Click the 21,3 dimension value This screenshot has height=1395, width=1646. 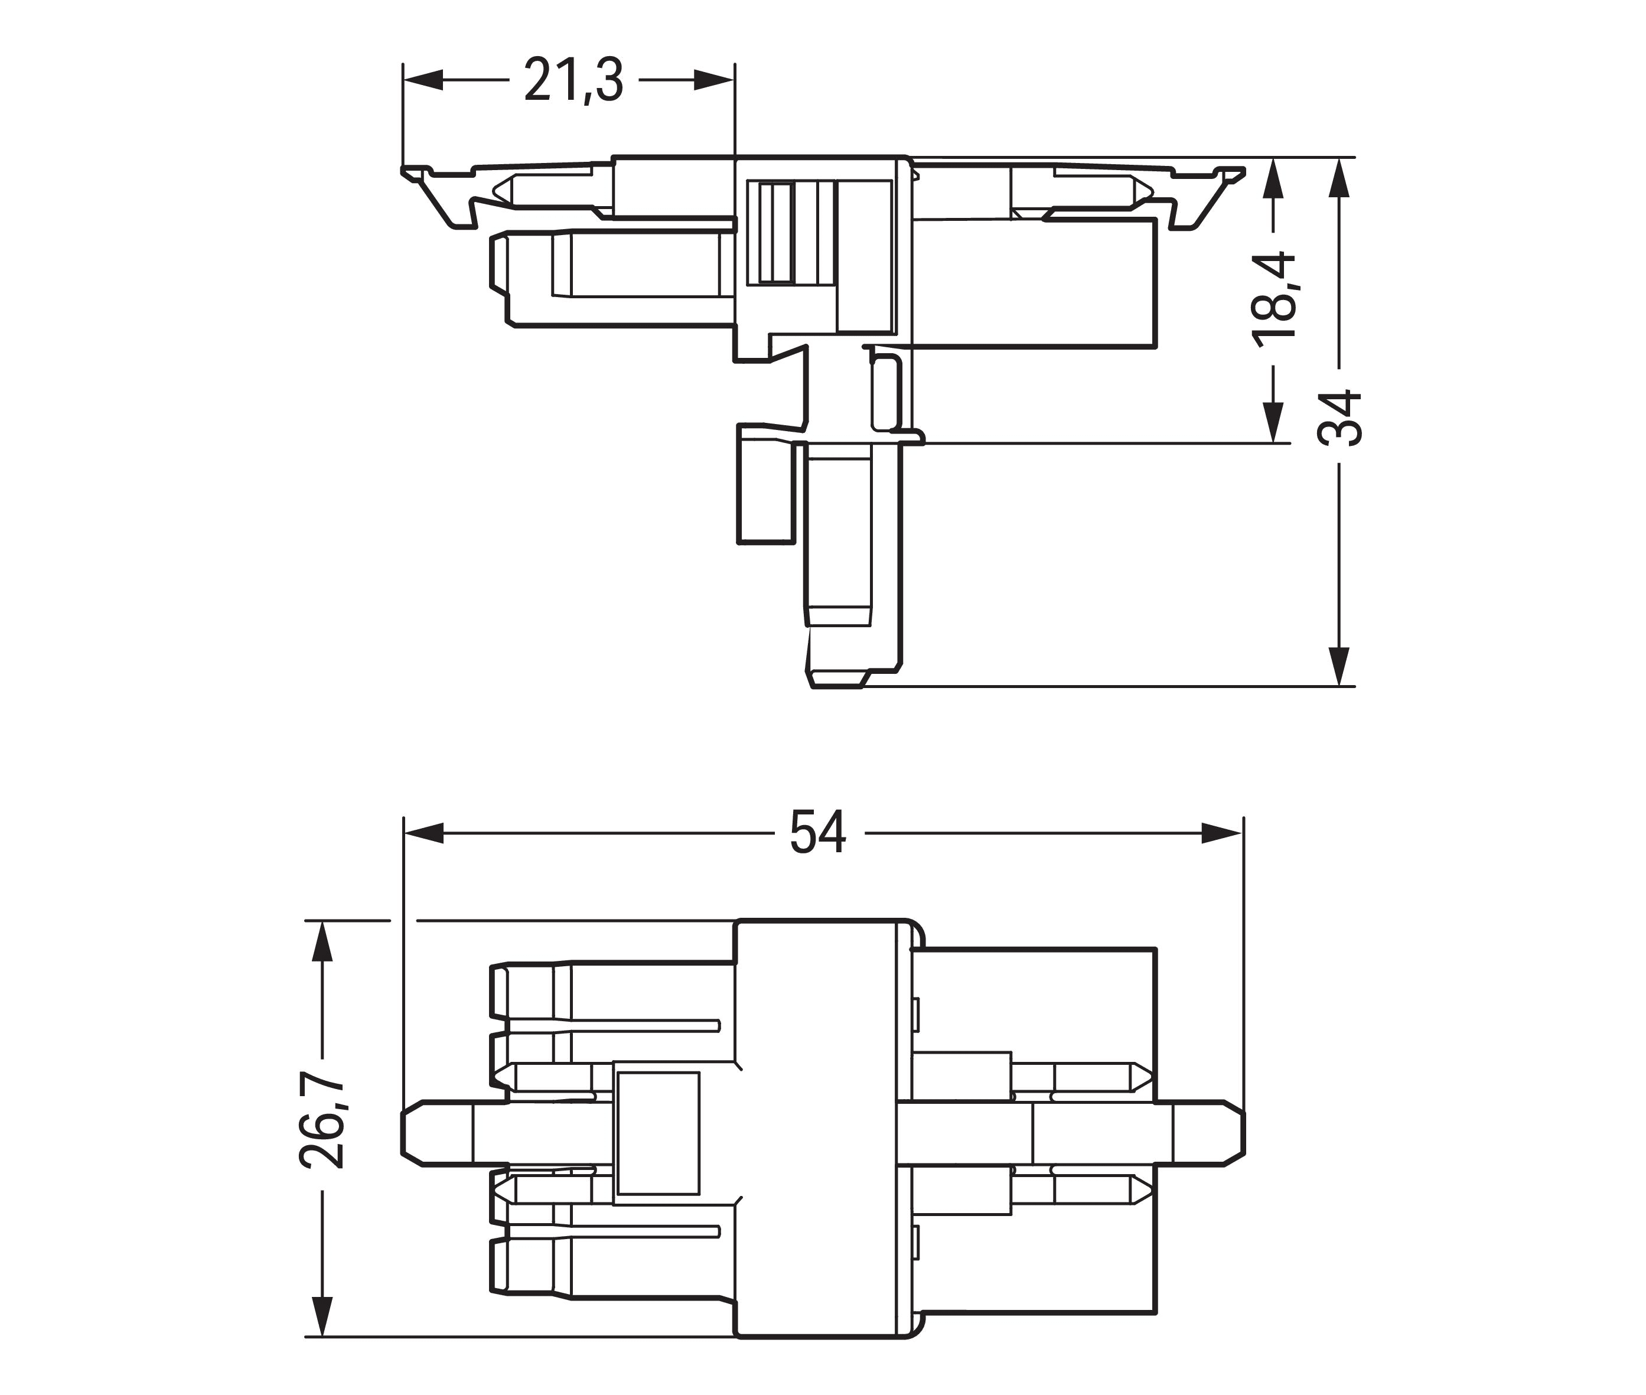(x=573, y=80)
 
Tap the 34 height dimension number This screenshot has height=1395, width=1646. (x=1338, y=418)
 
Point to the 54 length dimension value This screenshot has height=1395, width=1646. (x=819, y=832)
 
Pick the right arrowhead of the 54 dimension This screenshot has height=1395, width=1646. (x=1221, y=833)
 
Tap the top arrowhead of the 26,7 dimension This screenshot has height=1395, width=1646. (x=321, y=941)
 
